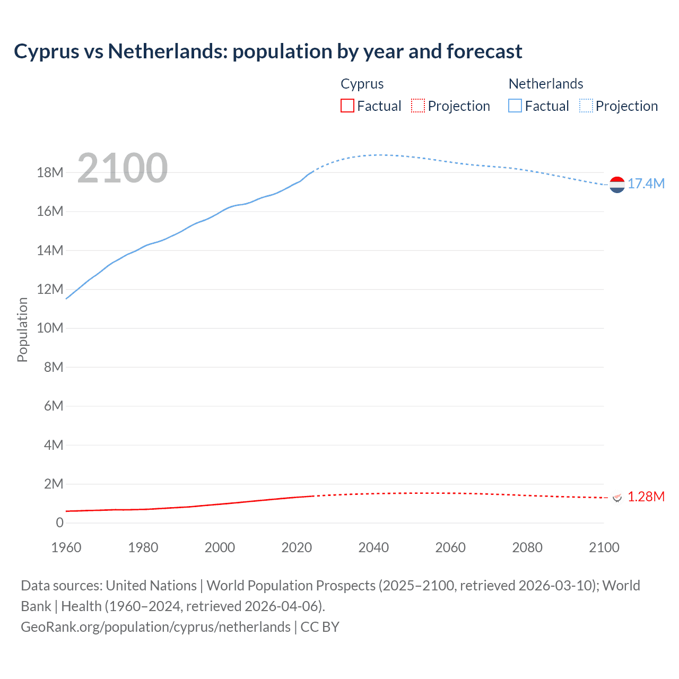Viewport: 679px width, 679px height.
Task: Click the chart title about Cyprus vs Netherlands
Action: tap(268, 51)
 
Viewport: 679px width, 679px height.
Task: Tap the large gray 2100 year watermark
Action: tap(123, 168)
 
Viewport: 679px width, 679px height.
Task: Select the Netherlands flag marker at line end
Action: tap(617, 185)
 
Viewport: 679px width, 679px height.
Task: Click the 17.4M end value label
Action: tap(646, 184)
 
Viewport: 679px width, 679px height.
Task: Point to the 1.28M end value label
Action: tap(646, 497)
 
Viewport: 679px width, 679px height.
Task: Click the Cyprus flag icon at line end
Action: tap(617, 497)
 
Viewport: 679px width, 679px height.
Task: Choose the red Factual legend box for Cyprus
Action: tap(347, 106)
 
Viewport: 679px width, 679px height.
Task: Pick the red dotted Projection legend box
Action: tap(418, 106)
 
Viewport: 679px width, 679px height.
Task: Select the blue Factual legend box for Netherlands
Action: tap(515, 106)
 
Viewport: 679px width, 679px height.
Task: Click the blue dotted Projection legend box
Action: tap(586, 106)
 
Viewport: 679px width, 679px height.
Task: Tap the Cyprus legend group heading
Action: tap(362, 84)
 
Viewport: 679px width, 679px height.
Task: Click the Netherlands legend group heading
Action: tap(545, 84)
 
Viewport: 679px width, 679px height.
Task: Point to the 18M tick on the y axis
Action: tap(50, 172)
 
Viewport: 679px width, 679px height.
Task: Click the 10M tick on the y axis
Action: tap(50, 328)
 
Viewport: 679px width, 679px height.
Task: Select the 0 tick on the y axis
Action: tap(59, 523)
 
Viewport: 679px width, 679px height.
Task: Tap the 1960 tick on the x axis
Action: tap(66, 547)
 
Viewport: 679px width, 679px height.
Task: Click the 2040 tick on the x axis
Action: tap(373, 547)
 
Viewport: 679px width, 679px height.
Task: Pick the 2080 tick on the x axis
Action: tap(527, 547)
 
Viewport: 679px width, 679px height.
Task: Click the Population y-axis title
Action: tap(22, 329)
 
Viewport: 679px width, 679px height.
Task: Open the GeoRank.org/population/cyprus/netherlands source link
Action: tap(155, 627)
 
